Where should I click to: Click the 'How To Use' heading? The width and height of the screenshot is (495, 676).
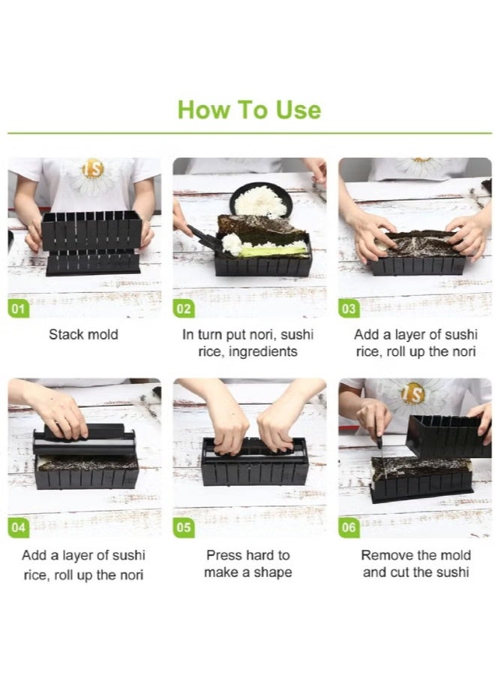click(x=249, y=110)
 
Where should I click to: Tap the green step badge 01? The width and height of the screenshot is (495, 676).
click(x=19, y=309)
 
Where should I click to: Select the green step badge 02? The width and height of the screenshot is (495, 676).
click(x=184, y=309)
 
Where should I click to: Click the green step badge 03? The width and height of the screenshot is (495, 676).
click(x=349, y=309)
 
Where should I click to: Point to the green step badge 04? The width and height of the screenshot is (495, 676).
click(x=19, y=527)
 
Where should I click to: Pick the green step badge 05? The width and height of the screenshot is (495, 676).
click(x=184, y=527)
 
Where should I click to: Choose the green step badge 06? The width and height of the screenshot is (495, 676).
click(x=349, y=527)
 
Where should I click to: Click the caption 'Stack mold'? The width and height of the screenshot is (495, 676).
click(x=83, y=335)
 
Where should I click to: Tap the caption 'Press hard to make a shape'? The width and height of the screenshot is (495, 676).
click(x=247, y=564)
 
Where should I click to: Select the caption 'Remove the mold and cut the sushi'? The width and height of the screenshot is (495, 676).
click(x=416, y=564)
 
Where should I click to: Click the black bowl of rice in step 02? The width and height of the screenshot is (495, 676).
click(x=260, y=200)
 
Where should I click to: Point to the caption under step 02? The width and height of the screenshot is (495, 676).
click(x=247, y=343)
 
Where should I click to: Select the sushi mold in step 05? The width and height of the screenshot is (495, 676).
click(x=254, y=461)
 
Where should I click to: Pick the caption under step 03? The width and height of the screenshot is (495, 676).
click(x=415, y=343)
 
